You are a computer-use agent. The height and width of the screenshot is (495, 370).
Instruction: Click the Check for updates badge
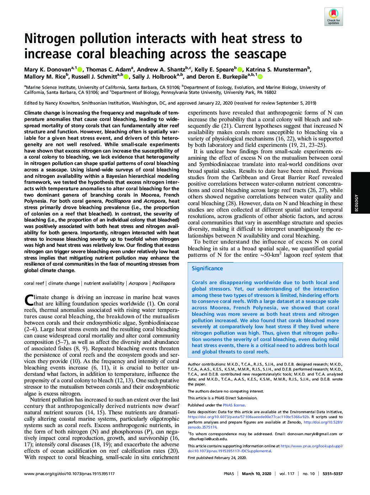coord(333,17)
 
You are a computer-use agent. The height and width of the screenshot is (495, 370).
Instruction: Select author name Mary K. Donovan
coord(47,70)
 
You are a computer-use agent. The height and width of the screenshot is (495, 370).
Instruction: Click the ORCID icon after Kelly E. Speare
coord(239,70)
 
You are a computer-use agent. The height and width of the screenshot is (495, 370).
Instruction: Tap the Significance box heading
coord(207,268)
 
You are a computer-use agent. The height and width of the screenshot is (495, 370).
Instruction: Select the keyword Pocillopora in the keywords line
coord(163,283)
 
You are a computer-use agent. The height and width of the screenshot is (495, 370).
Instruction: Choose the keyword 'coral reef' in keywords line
coord(34,283)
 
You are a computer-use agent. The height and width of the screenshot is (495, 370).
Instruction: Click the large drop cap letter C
coord(29,300)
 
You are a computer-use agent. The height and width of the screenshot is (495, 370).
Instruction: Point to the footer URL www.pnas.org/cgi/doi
coord(69,474)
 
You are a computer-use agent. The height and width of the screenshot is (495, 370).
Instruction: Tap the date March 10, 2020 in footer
coord(257,474)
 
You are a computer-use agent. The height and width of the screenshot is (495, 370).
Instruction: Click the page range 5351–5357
coord(332,474)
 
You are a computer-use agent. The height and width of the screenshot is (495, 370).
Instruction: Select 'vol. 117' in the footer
coord(287,474)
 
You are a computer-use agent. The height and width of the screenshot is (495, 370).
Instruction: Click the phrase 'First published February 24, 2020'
coord(217,458)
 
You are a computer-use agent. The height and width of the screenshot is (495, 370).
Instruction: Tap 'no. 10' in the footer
coord(308,474)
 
